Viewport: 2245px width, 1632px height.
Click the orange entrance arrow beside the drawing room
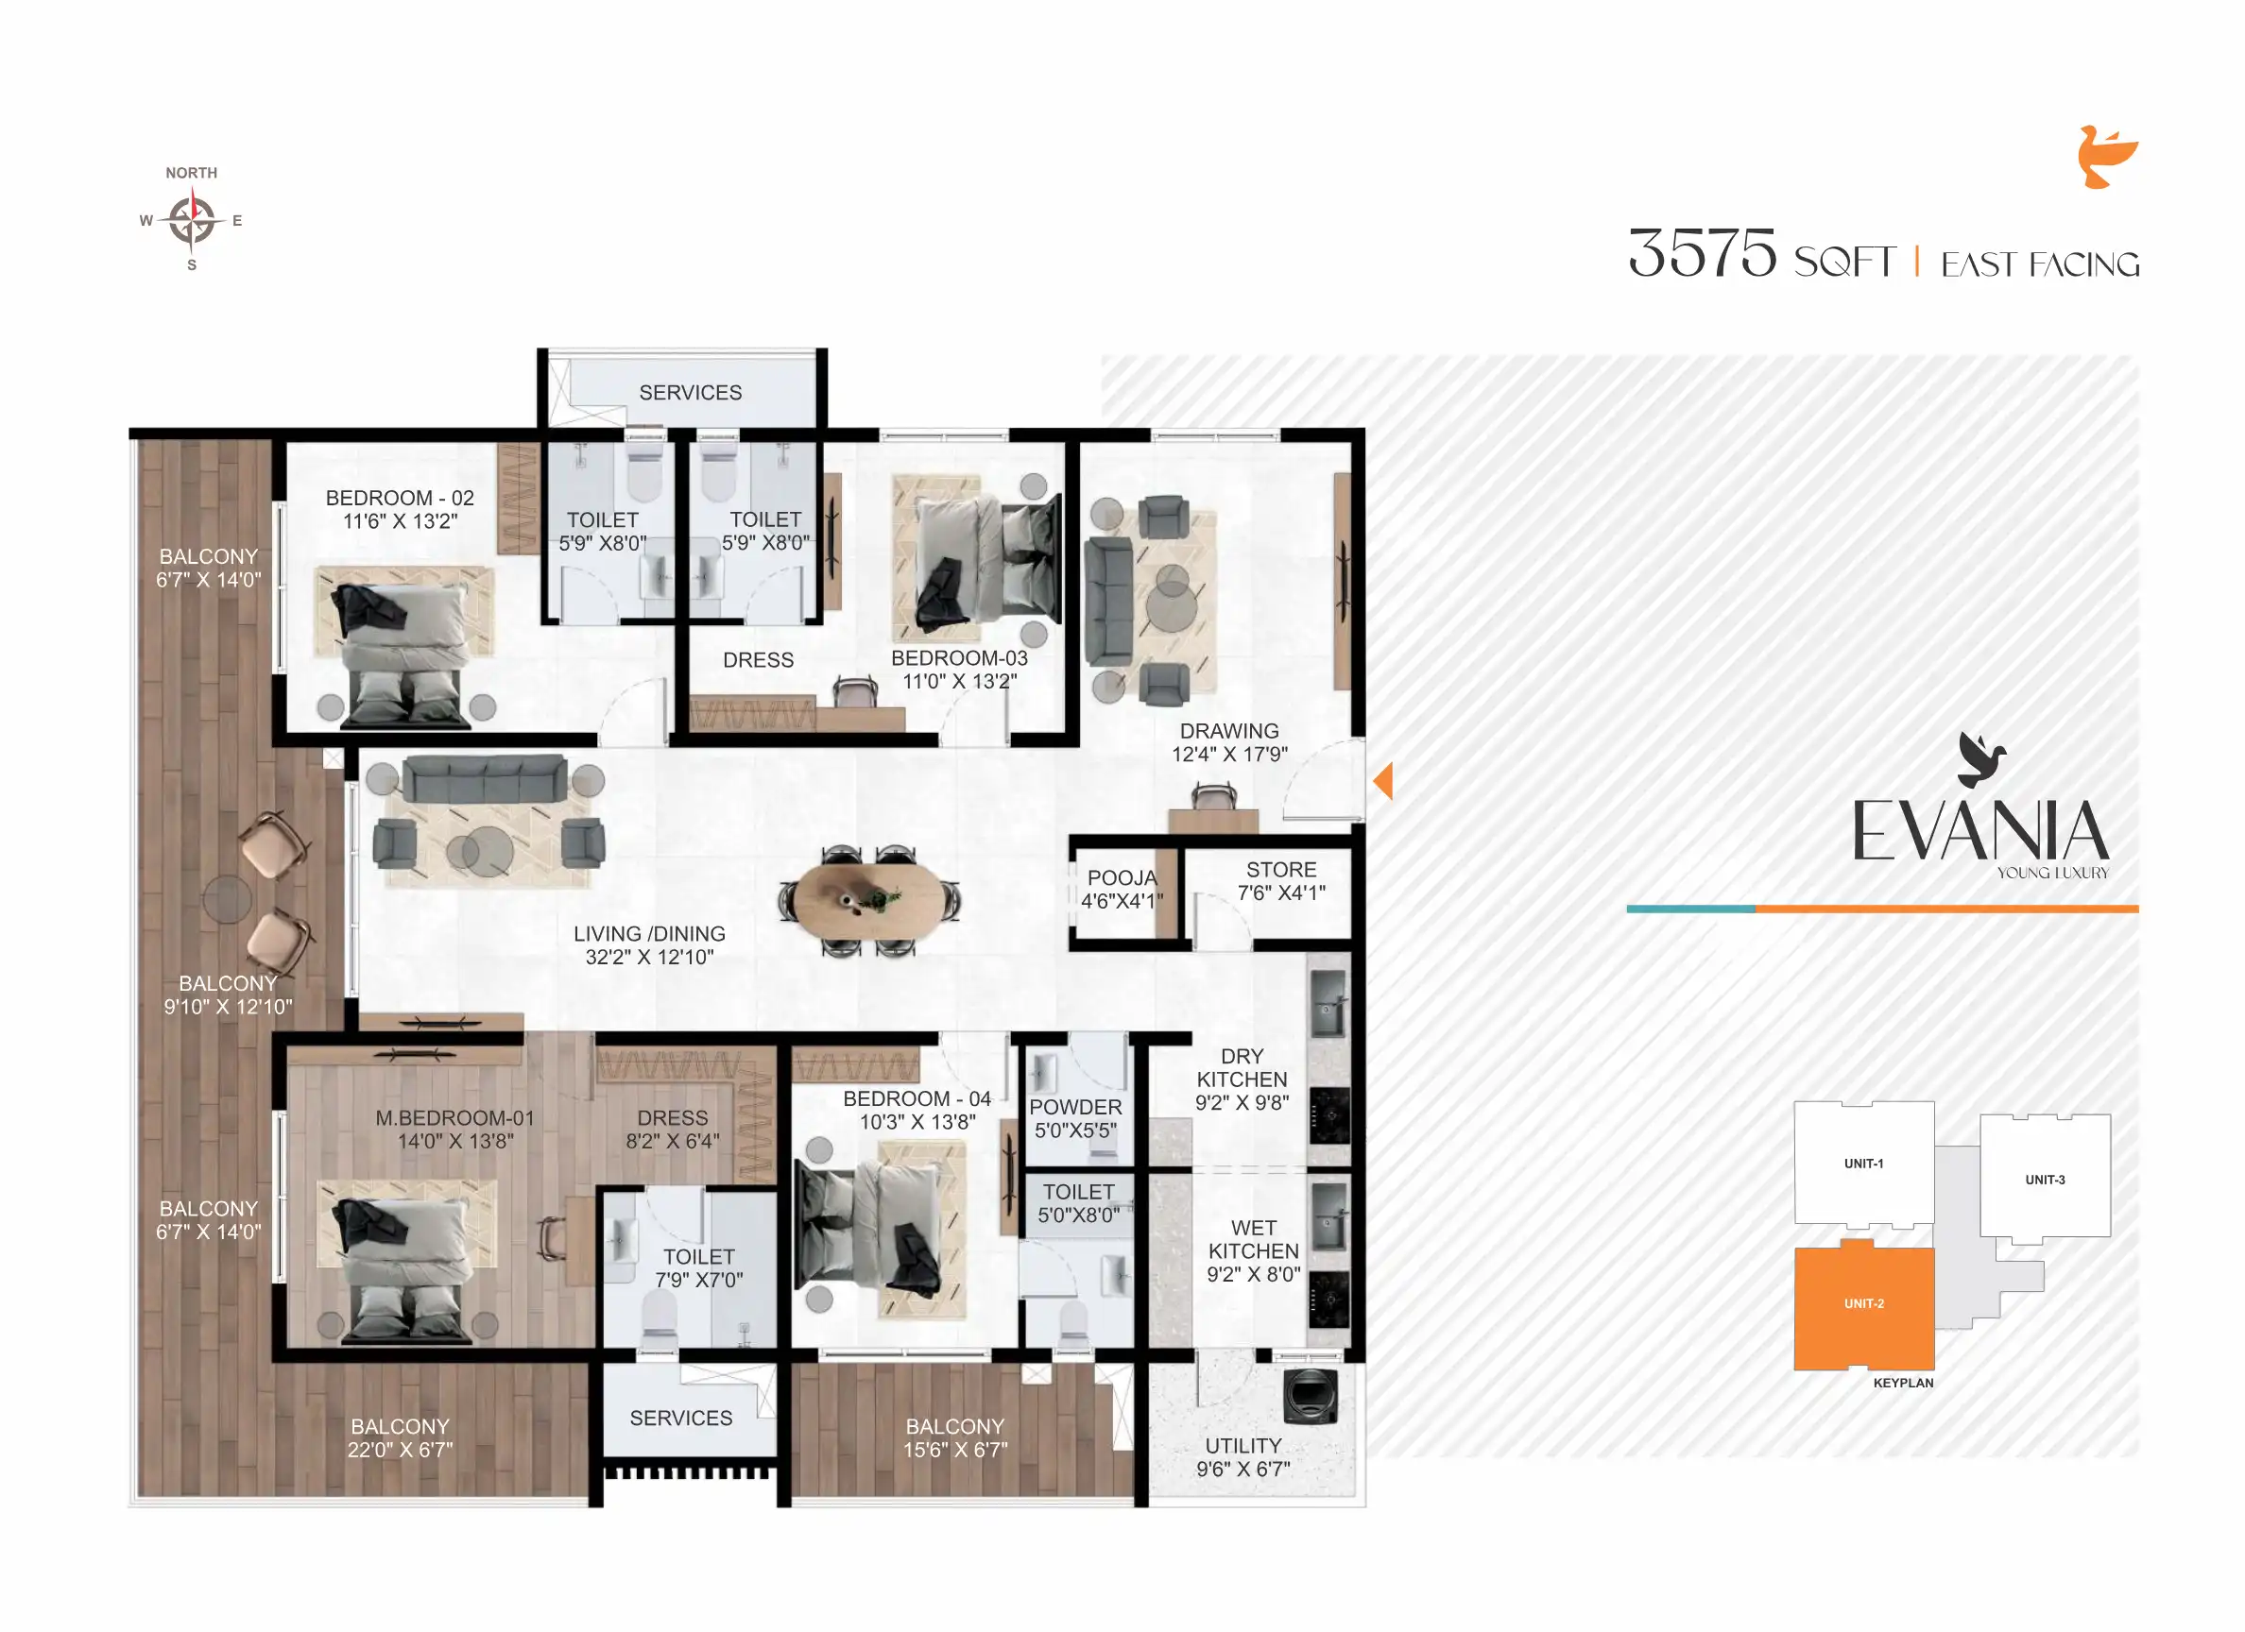click(x=1384, y=781)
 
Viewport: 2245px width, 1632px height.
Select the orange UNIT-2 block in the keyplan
click(x=1863, y=1307)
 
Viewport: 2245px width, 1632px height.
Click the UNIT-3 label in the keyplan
click(x=2044, y=1180)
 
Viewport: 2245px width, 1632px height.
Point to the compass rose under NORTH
click(x=191, y=220)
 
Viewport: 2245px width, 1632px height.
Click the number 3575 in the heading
click(x=1702, y=253)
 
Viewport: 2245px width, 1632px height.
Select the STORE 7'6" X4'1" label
click(x=1281, y=881)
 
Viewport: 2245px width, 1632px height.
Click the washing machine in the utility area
click(x=1310, y=1396)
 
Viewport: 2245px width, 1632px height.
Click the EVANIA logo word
click(x=1979, y=831)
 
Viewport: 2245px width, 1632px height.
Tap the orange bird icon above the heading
click(x=2105, y=157)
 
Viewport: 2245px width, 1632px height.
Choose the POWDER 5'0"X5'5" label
click(x=1075, y=1118)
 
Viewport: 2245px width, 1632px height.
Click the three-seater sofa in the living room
click(x=485, y=779)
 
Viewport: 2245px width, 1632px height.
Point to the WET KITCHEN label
click(x=1253, y=1251)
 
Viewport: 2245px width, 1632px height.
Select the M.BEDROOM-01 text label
click(x=454, y=1118)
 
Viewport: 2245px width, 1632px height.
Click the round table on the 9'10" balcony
click(x=227, y=899)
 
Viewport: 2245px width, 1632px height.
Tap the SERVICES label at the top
click(x=690, y=393)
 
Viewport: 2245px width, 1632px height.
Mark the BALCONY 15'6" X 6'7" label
click(x=954, y=1438)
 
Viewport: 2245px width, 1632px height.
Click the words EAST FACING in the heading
click(x=2039, y=264)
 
